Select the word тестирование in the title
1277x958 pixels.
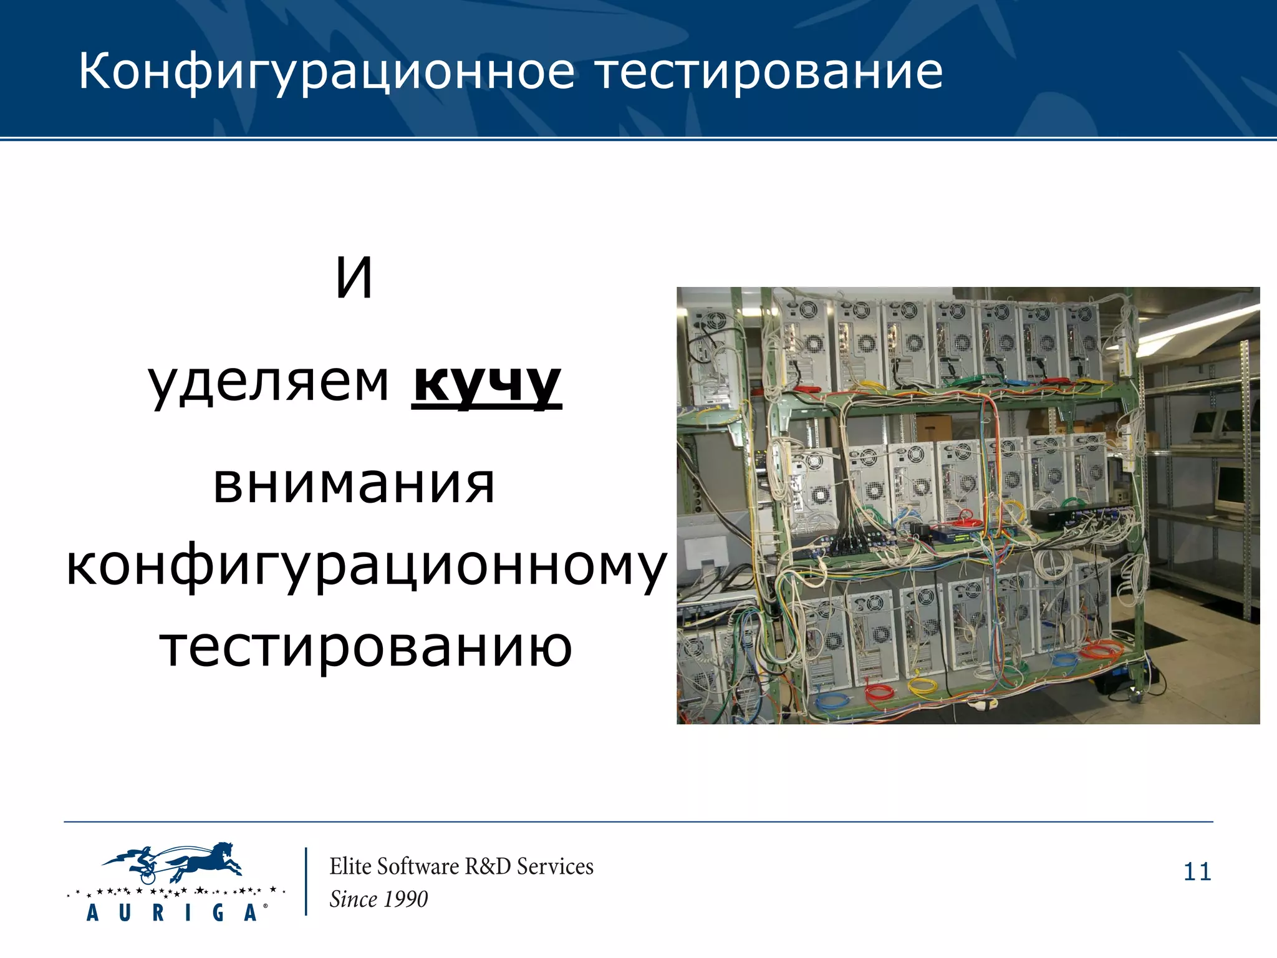[x=768, y=72]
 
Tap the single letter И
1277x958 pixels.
[x=354, y=278]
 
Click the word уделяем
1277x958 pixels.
[x=269, y=382]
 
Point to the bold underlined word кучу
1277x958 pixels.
[x=486, y=382]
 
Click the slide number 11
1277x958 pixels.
[x=1197, y=871]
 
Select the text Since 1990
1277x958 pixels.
[x=378, y=899]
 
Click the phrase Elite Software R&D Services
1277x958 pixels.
[x=461, y=866]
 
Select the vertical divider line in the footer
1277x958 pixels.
[x=306, y=881]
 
